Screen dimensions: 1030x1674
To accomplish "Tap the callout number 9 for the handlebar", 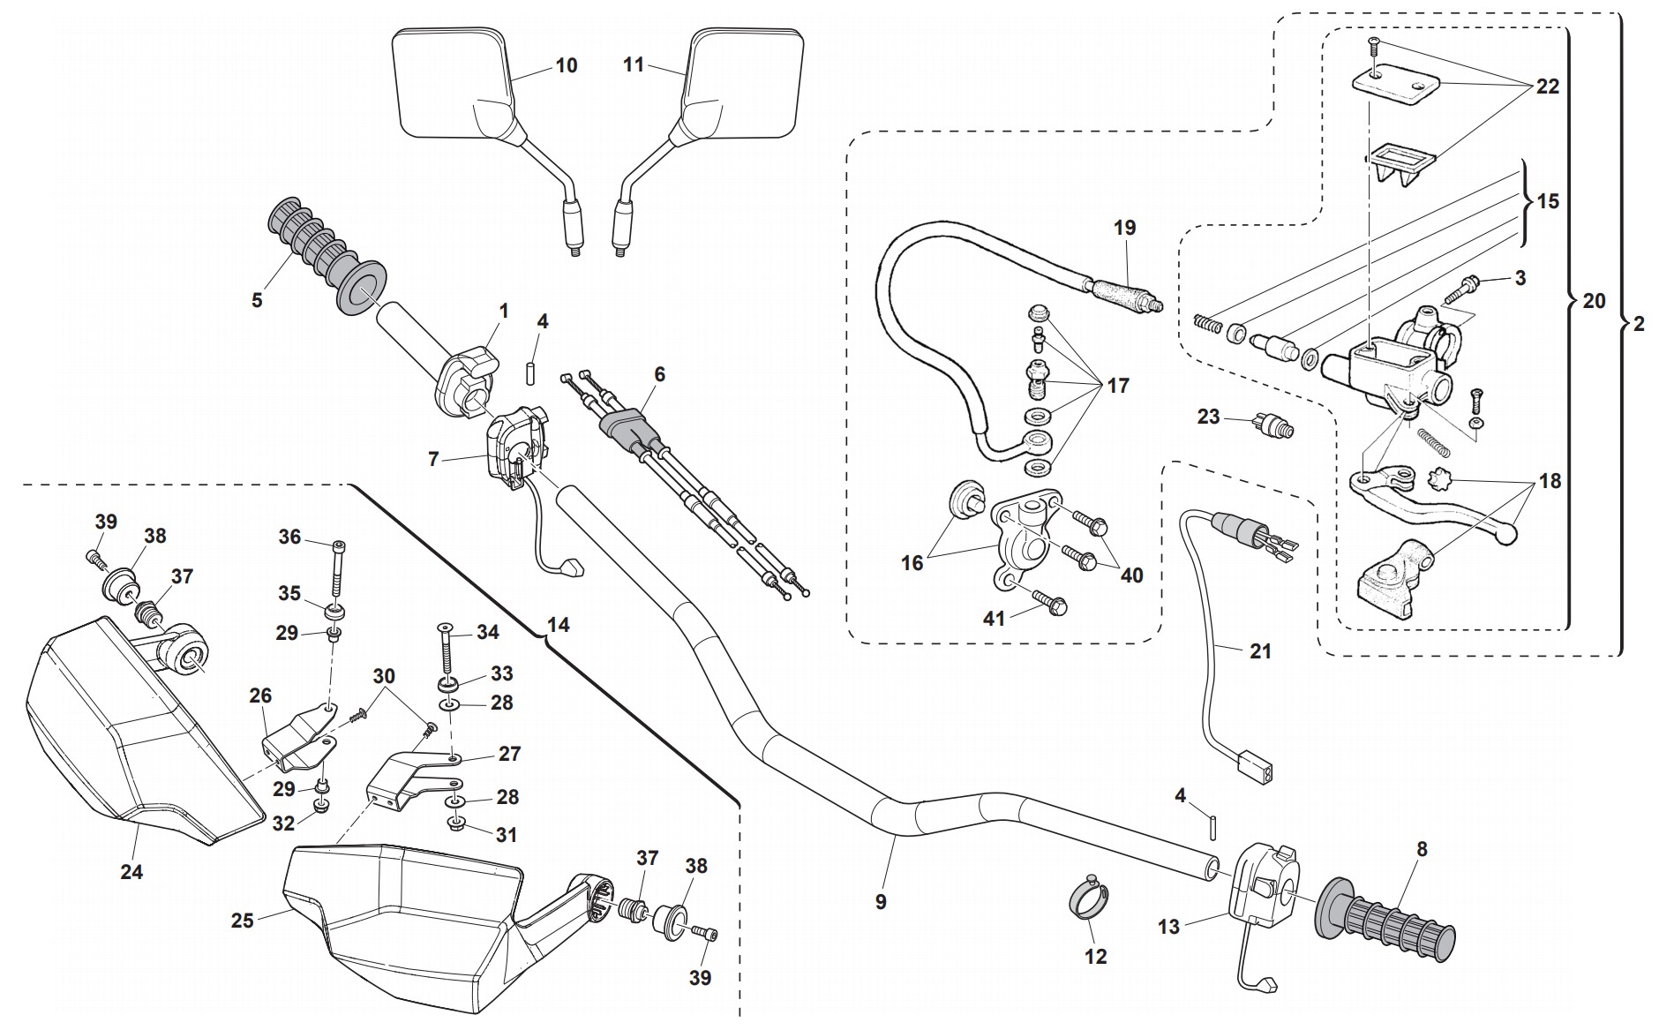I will coord(880,901).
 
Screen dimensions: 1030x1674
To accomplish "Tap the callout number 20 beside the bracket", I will coord(1594,301).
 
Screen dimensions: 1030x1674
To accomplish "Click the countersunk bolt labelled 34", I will coord(443,653).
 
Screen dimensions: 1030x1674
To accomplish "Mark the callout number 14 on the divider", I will coord(558,625).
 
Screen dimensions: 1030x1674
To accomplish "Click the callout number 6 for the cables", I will coord(658,374).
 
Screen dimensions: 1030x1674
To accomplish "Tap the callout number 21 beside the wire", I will coord(1260,651).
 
